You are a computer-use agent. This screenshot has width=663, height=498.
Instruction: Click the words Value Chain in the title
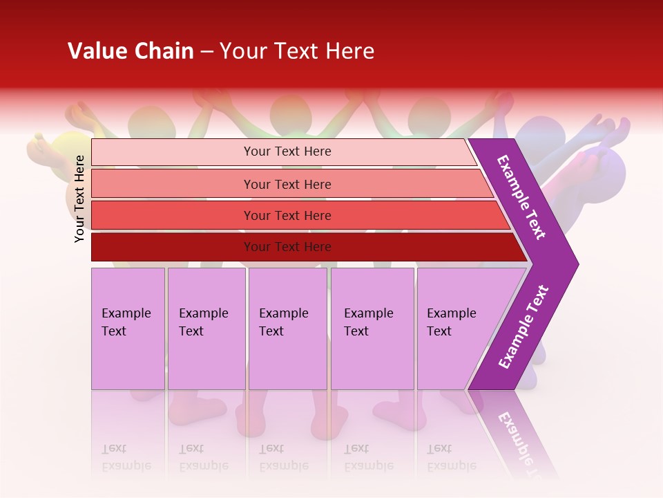click(x=131, y=51)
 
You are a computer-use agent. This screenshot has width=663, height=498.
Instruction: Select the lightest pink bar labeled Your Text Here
click(x=287, y=151)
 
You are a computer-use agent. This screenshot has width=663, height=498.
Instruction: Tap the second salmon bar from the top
click(x=287, y=184)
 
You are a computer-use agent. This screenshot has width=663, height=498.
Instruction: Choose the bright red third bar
click(x=287, y=215)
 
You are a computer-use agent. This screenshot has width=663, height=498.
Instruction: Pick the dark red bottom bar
click(x=287, y=247)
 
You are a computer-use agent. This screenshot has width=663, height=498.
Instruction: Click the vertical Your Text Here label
click(x=80, y=199)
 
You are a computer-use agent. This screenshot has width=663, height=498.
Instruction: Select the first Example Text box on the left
click(x=128, y=329)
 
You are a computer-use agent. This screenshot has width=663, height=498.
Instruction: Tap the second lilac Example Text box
click(x=206, y=329)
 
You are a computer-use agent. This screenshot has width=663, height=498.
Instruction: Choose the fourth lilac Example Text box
click(x=372, y=329)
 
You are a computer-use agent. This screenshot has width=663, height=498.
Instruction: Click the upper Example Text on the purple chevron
click(x=521, y=197)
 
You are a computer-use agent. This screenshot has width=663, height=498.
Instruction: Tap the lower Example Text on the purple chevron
click(x=523, y=326)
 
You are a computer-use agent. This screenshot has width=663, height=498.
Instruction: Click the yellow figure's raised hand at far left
click(x=38, y=147)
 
